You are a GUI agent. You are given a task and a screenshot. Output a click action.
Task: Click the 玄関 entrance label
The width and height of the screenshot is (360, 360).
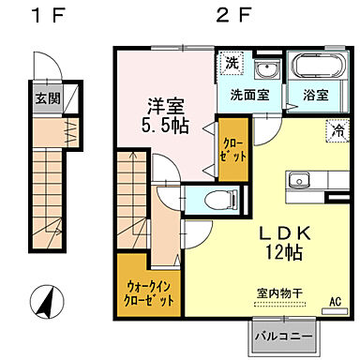click(x=46, y=98)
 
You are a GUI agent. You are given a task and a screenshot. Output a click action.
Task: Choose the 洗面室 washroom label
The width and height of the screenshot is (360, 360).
click(x=250, y=96)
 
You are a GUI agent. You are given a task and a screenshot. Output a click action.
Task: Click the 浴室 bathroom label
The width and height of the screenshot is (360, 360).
click(x=315, y=96)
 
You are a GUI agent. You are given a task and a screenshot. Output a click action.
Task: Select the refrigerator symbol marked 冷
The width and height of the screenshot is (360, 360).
click(x=335, y=132)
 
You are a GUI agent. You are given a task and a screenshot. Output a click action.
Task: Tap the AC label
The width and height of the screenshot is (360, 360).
click(x=334, y=303)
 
